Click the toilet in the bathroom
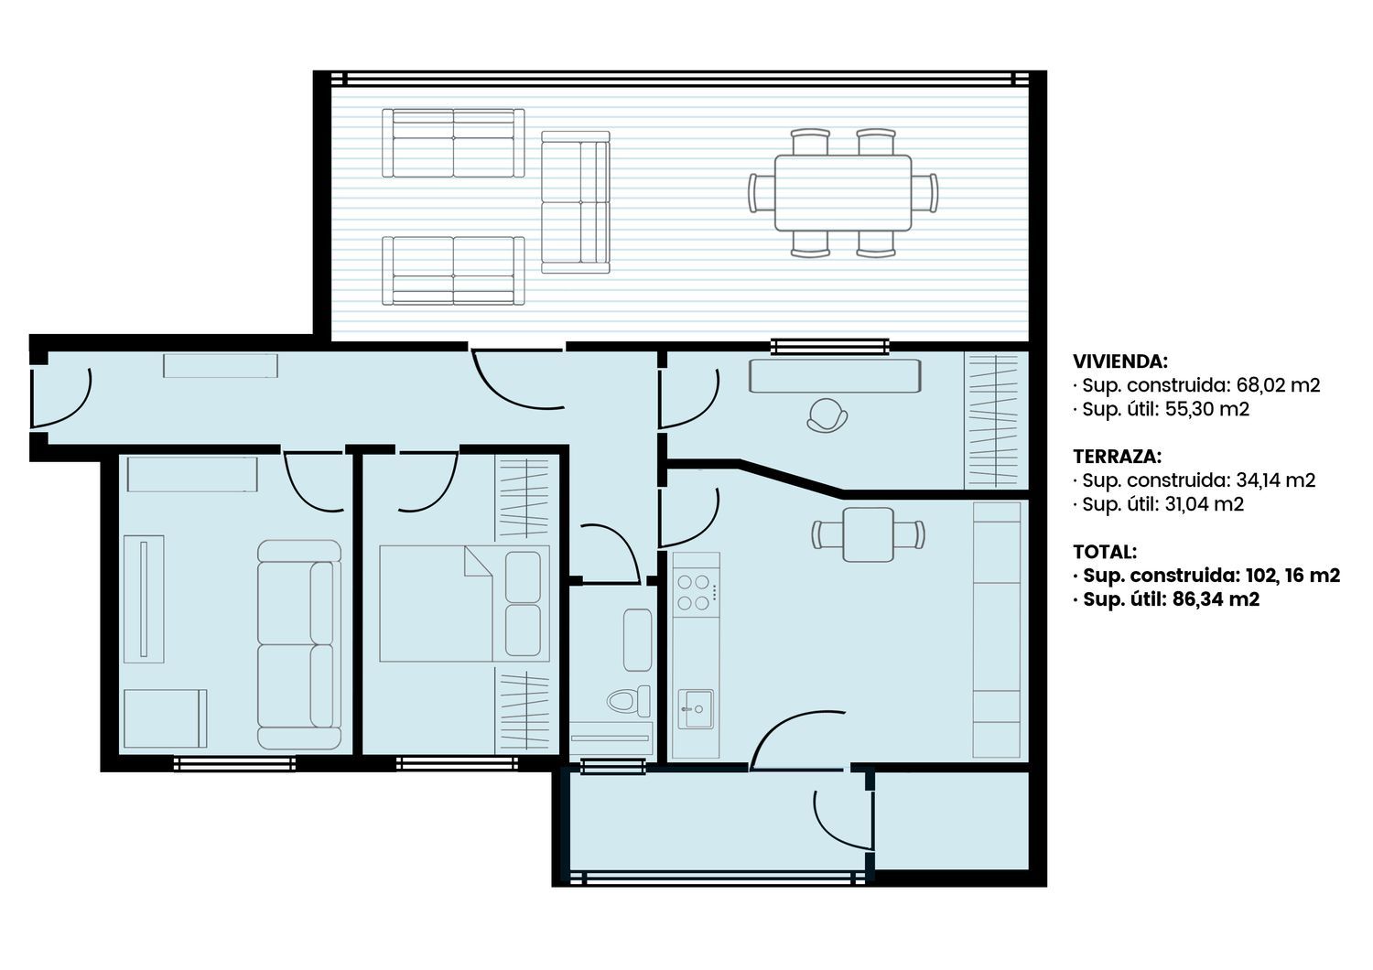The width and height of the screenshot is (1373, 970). coord(629,700)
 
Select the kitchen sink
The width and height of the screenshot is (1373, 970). coord(696,708)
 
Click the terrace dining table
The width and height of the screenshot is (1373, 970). coord(843,192)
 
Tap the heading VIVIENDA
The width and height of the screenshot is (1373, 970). coord(1120,361)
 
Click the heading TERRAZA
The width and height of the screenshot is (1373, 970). coord(1117,457)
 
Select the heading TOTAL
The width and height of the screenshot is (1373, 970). coord(1105,552)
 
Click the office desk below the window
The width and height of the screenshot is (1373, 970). coord(835,375)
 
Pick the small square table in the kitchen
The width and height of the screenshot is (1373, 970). coord(868,534)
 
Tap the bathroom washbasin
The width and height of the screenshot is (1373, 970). coord(637,641)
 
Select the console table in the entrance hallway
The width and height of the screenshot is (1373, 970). coord(220,366)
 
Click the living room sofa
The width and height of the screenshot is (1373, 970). coord(299,644)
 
